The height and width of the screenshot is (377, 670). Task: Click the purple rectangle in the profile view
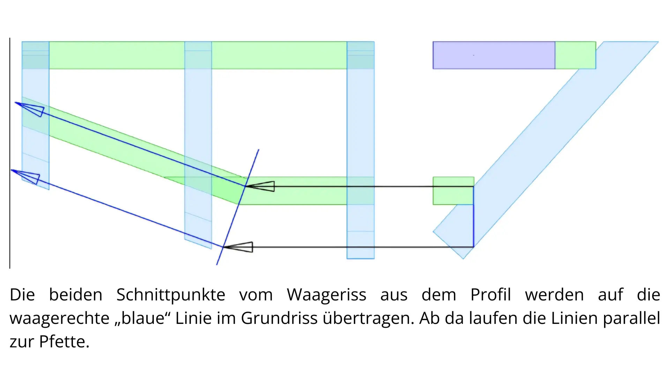[494, 55]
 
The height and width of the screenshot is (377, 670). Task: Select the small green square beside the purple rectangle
[575, 55]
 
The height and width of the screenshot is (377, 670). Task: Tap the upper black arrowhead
[260, 186]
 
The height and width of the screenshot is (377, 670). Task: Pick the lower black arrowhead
[238, 247]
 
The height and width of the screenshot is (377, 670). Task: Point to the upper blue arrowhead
[30, 109]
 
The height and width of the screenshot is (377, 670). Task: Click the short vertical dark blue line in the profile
[474, 217]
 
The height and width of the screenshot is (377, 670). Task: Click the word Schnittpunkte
[171, 295]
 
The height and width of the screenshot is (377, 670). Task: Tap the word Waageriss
[327, 295]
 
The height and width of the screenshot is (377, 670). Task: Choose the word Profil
[491, 295]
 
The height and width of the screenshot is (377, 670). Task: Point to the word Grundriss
[279, 318]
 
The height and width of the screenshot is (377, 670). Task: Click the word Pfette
[64, 341]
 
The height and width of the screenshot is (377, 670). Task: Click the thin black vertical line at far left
[10, 153]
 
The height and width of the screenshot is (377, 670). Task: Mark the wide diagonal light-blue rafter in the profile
[546, 150]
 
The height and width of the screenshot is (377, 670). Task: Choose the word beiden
[76, 295]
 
